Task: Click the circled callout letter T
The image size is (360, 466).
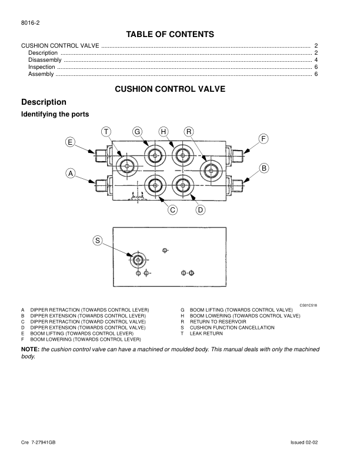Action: pos(106,131)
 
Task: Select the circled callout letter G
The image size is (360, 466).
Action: pos(138,131)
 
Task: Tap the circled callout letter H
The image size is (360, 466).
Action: pos(163,131)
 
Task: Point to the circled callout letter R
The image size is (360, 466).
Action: pos(189,131)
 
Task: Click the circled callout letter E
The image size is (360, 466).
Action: pos(70,142)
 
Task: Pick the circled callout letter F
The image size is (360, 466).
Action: pos(264,138)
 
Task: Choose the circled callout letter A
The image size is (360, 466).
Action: pos(70,174)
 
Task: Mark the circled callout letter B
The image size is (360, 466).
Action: pos(264,168)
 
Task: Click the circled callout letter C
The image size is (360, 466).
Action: pos(173,209)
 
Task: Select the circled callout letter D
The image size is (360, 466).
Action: pos(200,209)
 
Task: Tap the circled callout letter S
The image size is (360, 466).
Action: pos(98,239)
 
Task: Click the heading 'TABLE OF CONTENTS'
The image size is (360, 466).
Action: pos(170,34)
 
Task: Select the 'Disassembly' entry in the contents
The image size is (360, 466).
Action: pos(45,60)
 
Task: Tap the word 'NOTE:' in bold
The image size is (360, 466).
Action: pos(30,349)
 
